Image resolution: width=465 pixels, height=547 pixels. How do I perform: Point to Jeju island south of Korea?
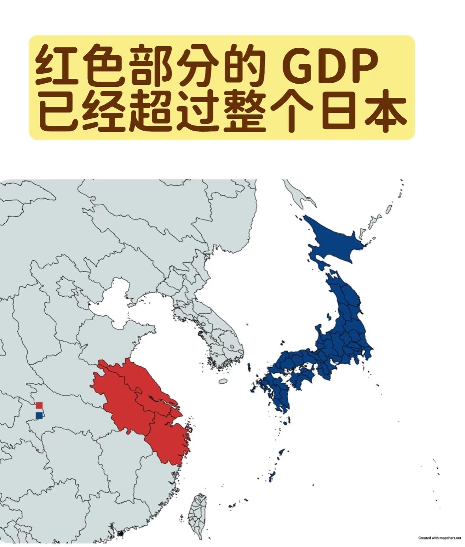pos(223,382)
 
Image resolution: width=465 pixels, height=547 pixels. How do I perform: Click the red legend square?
pos(39,405)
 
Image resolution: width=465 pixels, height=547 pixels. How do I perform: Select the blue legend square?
pos(39,415)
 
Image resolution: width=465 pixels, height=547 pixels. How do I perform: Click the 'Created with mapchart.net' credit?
pos(439,538)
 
